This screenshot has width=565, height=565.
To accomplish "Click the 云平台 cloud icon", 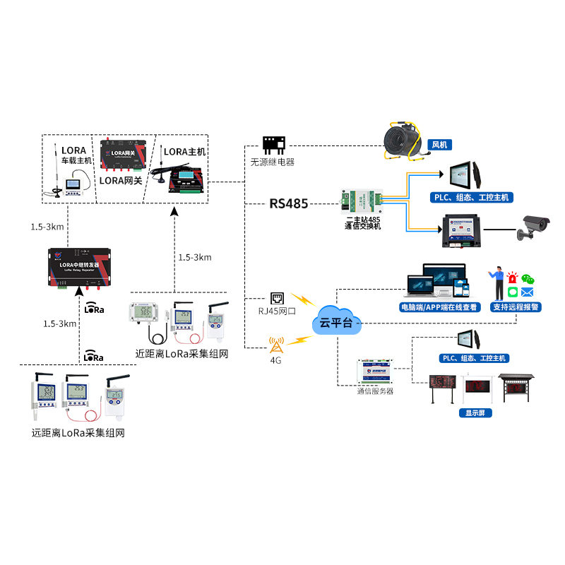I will point(335,322).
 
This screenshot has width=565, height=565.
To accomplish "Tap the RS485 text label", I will point(288,204).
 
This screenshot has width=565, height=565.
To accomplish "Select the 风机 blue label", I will point(439,145).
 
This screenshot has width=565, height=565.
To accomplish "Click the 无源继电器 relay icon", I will point(273,145).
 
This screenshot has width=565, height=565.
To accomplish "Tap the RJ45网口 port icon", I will point(276,299).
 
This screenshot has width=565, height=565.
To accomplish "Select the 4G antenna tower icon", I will point(276,344).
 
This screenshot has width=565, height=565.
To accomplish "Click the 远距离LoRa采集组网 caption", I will point(78,433).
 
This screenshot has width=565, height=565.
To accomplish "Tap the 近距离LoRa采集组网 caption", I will point(182,354).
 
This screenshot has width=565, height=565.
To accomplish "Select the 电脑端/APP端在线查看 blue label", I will point(439,307).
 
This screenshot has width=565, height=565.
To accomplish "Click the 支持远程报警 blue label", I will point(516,307).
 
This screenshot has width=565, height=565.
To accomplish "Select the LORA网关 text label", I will point(121,181).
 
